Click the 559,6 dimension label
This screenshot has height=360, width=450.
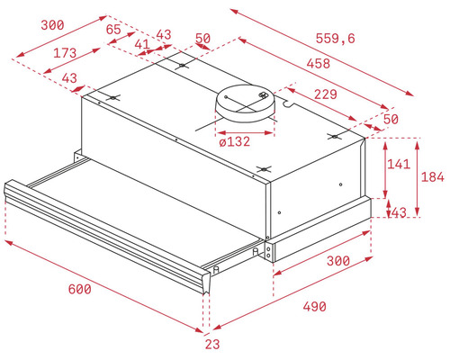(x=335, y=39)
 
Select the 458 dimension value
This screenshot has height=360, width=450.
(x=319, y=64)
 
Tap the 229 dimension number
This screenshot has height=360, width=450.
(x=326, y=94)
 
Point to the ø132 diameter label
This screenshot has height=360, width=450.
(x=235, y=141)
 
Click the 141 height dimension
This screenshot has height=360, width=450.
(x=399, y=164)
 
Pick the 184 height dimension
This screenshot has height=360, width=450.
(x=432, y=177)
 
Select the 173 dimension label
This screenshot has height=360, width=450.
(x=65, y=53)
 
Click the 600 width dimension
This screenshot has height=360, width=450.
(x=79, y=289)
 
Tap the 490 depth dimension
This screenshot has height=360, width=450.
(x=314, y=307)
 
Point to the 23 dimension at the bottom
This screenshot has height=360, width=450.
(x=212, y=344)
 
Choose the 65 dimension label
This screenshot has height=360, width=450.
(x=113, y=30)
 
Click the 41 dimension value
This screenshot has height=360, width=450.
(x=142, y=44)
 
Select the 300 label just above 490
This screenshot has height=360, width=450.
(x=338, y=261)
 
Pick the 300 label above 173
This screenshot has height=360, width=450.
(x=52, y=25)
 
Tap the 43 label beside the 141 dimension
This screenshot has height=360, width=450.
(x=399, y=212)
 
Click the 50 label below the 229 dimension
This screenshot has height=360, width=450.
(x=391, y=120)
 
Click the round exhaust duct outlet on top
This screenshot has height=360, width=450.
(x=246, y=103)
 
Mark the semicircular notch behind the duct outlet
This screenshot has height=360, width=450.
(x=287, y=103)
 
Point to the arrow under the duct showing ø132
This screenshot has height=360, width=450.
(x=246, y=132)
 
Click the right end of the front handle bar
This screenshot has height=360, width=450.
(x=206, y=281)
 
